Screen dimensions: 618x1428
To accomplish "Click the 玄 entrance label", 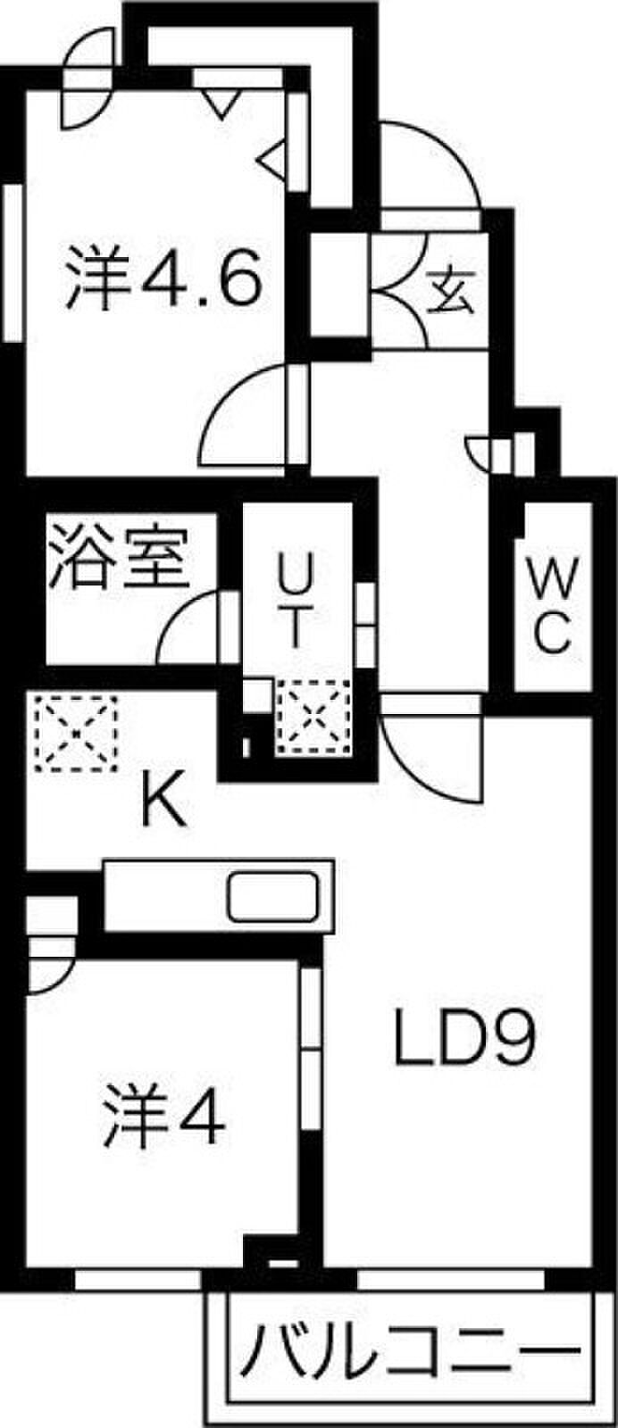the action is pyautogui.click(x=451, y=291).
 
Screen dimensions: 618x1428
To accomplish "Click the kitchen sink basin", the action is pyautogui.click(x=273, y=897).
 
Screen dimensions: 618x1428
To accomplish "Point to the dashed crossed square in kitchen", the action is pyautogui.click(x=76, y=733).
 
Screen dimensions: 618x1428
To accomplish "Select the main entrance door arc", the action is pyautogui.click(x=430, y=163).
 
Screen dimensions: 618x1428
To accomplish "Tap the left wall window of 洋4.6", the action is pyautogui.click(x=13, y=262).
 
